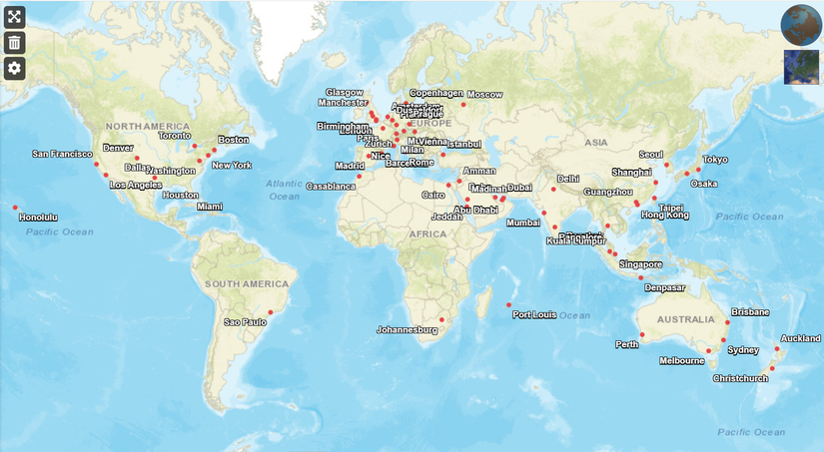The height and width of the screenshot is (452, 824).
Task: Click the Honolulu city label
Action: pyautogui.click(x=39, y=218)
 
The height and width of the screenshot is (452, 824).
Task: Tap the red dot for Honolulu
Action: pyautogui.click(x=16, y=208)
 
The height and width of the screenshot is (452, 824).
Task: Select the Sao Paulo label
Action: pyautogui.click(x=246, y=322)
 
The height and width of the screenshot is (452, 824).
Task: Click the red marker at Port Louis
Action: pyautogui.click(x=508, y=304)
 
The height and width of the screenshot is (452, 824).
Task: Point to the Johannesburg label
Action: pyautogui.click(x=408, y=329)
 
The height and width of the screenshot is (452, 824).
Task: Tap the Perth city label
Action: pyautogui.click(x=627, y=345)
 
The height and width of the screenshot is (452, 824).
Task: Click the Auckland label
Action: pyautogui.click(x=801, y=338)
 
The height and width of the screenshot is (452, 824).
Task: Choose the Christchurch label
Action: pyautogui.click(x=741, y=378)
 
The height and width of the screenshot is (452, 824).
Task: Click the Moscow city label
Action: pyautogui.click(x=484, y=95)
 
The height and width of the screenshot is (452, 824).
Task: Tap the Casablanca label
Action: pyautogui.click(x=331, y=187)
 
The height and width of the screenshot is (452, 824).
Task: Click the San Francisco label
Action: pyautogui.click(x=62, y=155)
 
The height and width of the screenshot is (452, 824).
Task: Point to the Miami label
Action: pyautogui.click(x=210, y=207)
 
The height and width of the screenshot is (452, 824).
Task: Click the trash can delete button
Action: pyautogui.click(x=14, y=42)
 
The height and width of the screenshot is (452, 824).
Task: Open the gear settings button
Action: pyautogui.click(x=14, y=68)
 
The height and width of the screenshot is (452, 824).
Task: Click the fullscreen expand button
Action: pyautogui.click(x=14, y=17)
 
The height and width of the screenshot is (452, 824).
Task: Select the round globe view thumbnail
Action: pyautogui.click(x=800, y=23)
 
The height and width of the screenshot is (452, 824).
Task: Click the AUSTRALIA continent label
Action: pyautogui.click(x=686, y=319)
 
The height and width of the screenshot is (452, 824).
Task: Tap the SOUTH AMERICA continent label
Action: pyautogui.click(x=246, y=284)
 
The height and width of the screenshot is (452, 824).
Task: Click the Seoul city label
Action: pyautogui.click(x=651, y=155)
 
